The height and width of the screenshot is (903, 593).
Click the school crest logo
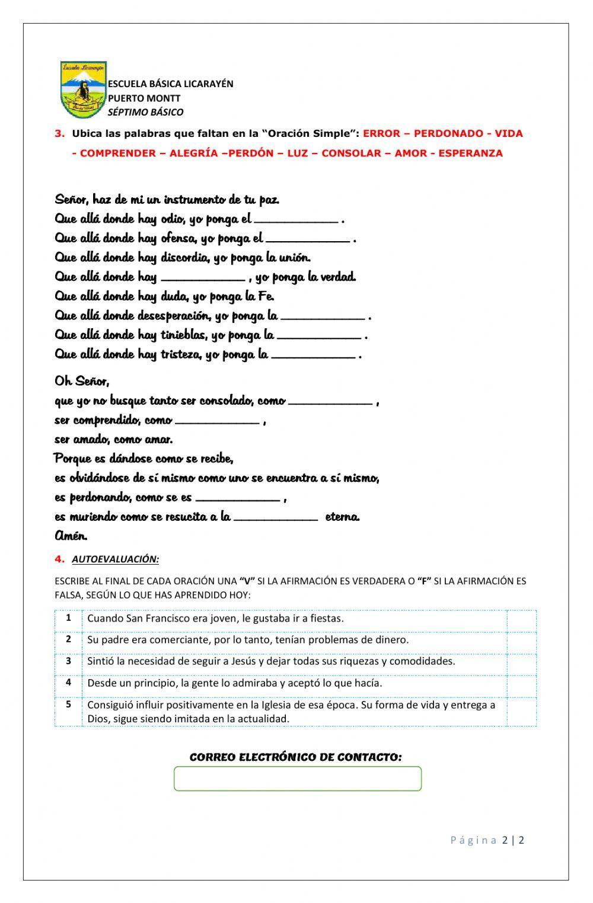[x=83, y=89]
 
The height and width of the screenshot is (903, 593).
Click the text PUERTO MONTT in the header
[x=144, y=98]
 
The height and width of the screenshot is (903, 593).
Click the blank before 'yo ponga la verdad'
[x=203, y=276]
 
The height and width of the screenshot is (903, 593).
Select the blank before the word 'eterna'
[x=276, y=516]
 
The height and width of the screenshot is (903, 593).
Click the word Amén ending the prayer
[x=71, y=536]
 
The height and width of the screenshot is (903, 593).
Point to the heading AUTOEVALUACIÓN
[x=115, y=559]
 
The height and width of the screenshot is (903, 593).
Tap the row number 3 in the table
[x=69, y=661]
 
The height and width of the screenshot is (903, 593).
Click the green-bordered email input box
[x=297, y=779]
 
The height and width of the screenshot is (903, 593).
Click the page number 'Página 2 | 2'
[x=487, y=840]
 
